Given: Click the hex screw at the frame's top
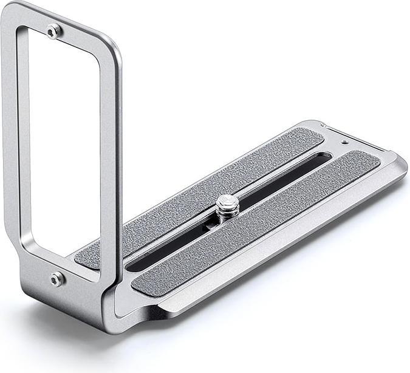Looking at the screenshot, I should click(x=54, y=30).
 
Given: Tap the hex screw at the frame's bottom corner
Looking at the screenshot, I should click(x=56, y=278).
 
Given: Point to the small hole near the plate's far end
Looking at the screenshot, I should click(x=344, y=143).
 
